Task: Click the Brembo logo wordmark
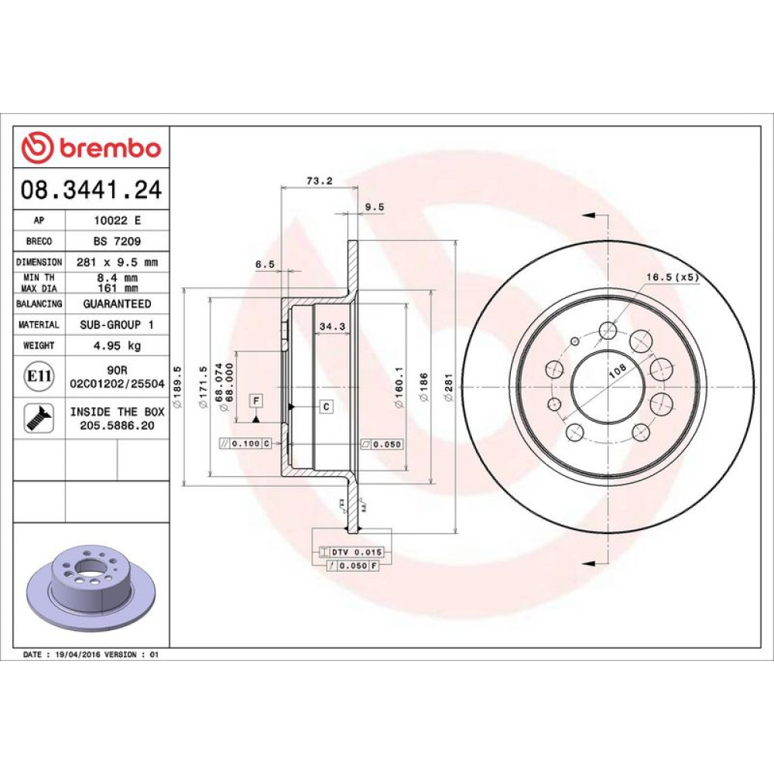pyautogui.click(x=110, y=148)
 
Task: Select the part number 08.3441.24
pyautogui.click(x=91, y=190)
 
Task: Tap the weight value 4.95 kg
pyautogui.click(x=117, y=345)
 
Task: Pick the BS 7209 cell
pyautogui.click(x=117, y=241)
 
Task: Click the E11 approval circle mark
pyautogui.click(x=39, y=376)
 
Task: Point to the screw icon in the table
pyautogui.click(x=39, y=419)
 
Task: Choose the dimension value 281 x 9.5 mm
pyautogui.click(x=117, y=262)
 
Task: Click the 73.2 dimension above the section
pyautogui.click(x=320, y=180)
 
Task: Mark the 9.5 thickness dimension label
pyautogui.click(x=374, y=207)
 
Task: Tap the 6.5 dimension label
pyautogui.click(x=265, y=264)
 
